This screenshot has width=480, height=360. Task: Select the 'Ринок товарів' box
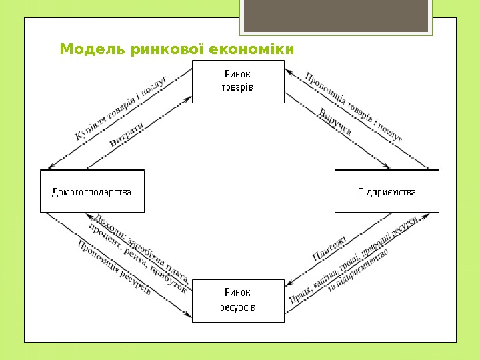pyautogui.click(x=238, y=81)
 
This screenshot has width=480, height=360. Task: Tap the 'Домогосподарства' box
pyautogui.click(x=92, y=192)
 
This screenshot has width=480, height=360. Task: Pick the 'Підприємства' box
pyautogui.click(x=387, y=192)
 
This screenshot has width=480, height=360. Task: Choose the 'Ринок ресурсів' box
pyautogui.click(x=238, y=301)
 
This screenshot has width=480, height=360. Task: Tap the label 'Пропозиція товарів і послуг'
pyautogui.click(x=353, y=107)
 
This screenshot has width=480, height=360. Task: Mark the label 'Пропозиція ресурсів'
pyautogui.click(x=113, y=267)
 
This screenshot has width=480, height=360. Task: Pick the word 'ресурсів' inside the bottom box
pyautogui.click(x=238, y=308)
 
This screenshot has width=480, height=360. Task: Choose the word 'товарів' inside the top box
pyautogui.click(x=237, y=88)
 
